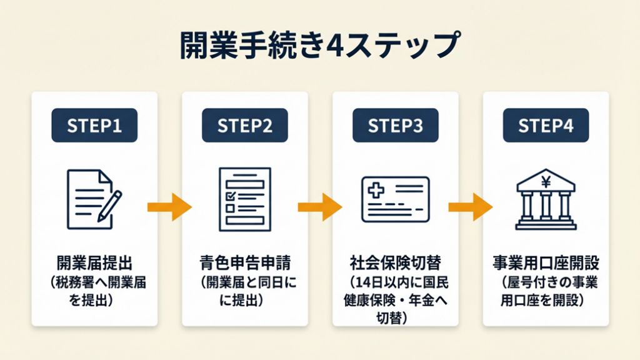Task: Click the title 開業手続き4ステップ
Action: click(319, 46)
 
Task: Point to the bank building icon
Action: click(546, 199)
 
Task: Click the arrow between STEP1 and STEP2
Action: click(169, 207)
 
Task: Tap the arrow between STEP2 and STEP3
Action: click(319, 207)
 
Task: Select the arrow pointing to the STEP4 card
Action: click(470, 207)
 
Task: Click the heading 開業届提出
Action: click(94, 261)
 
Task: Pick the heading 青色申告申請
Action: click(244, 261)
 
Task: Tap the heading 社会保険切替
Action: click(395, 261)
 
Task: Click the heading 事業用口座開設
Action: click(546, 261)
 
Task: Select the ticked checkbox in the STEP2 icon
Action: click(229, 195)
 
